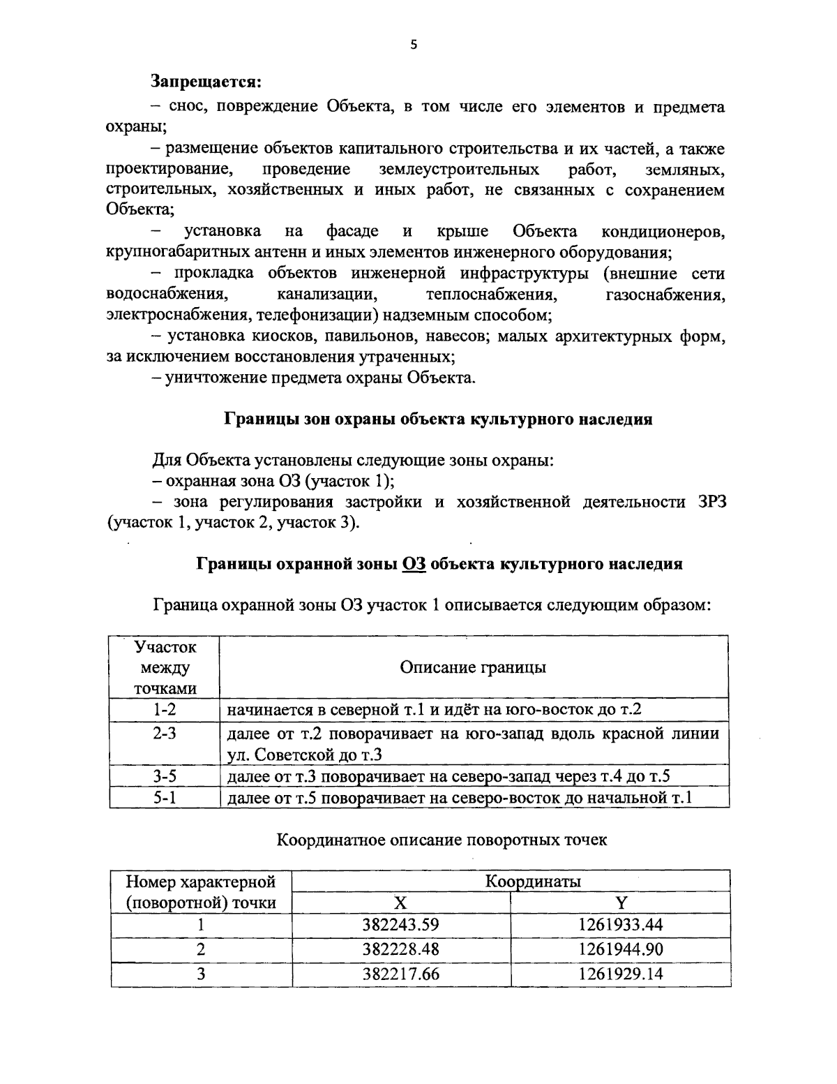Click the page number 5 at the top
(413, 45)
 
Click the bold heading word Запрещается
(206, 82)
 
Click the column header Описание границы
(473, 667)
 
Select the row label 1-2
(165, 710)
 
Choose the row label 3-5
(165, 776)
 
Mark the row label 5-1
(165, 798)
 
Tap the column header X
(400, 903)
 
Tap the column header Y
(620, 903)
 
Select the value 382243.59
(400, 926)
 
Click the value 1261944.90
(620, 949)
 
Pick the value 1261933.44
(620, 926)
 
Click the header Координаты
(533, 881)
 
